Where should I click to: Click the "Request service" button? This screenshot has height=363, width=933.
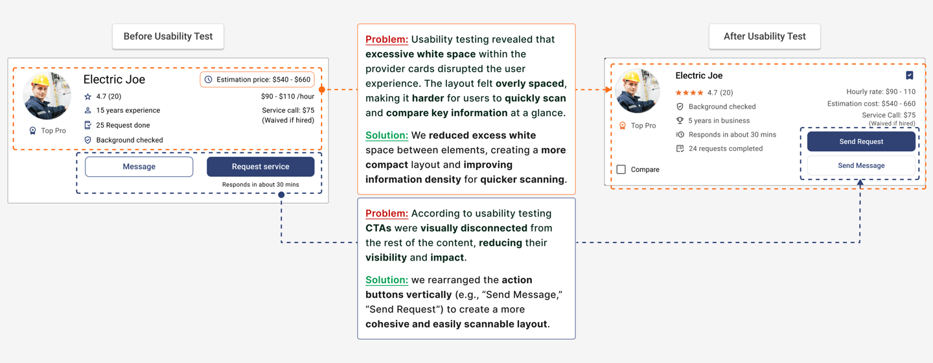click(260, 167)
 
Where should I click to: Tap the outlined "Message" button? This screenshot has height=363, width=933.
click(139, 167)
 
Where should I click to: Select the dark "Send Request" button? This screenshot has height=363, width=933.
click(861, 141)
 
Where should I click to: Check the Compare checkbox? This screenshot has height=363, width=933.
click(621, 169)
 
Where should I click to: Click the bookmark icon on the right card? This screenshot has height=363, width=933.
click(910, 75)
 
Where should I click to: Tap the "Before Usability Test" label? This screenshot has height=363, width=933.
click(168, 36)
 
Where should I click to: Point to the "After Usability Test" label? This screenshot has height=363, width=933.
click(765, 36)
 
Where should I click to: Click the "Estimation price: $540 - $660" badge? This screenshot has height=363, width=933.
click(257, 80)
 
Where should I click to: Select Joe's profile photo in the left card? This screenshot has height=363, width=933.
click(47, 96)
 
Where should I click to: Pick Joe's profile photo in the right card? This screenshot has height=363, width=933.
click(638, 91)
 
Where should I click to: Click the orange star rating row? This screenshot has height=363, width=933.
click(690, 93)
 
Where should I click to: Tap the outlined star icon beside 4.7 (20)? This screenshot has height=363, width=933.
click(88, 97)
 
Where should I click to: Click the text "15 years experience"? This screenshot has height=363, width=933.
click(128, 110)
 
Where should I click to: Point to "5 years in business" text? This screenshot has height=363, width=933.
click(719, 121)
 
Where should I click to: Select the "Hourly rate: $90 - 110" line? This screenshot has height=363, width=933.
click(881, 92)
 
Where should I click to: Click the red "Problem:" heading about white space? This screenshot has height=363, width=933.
click(387, 40)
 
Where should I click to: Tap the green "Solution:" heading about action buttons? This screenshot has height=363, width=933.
click(387, 280)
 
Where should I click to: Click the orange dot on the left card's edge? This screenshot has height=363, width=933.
click(322, 89)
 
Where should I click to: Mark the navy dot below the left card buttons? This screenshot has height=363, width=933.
click(281, 194)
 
